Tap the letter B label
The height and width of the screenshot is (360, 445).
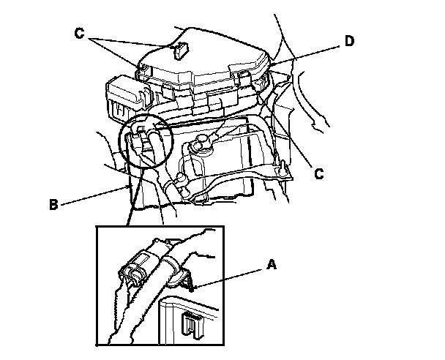tap(53, 206)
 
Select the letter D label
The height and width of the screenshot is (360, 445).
tap(350, 41)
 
